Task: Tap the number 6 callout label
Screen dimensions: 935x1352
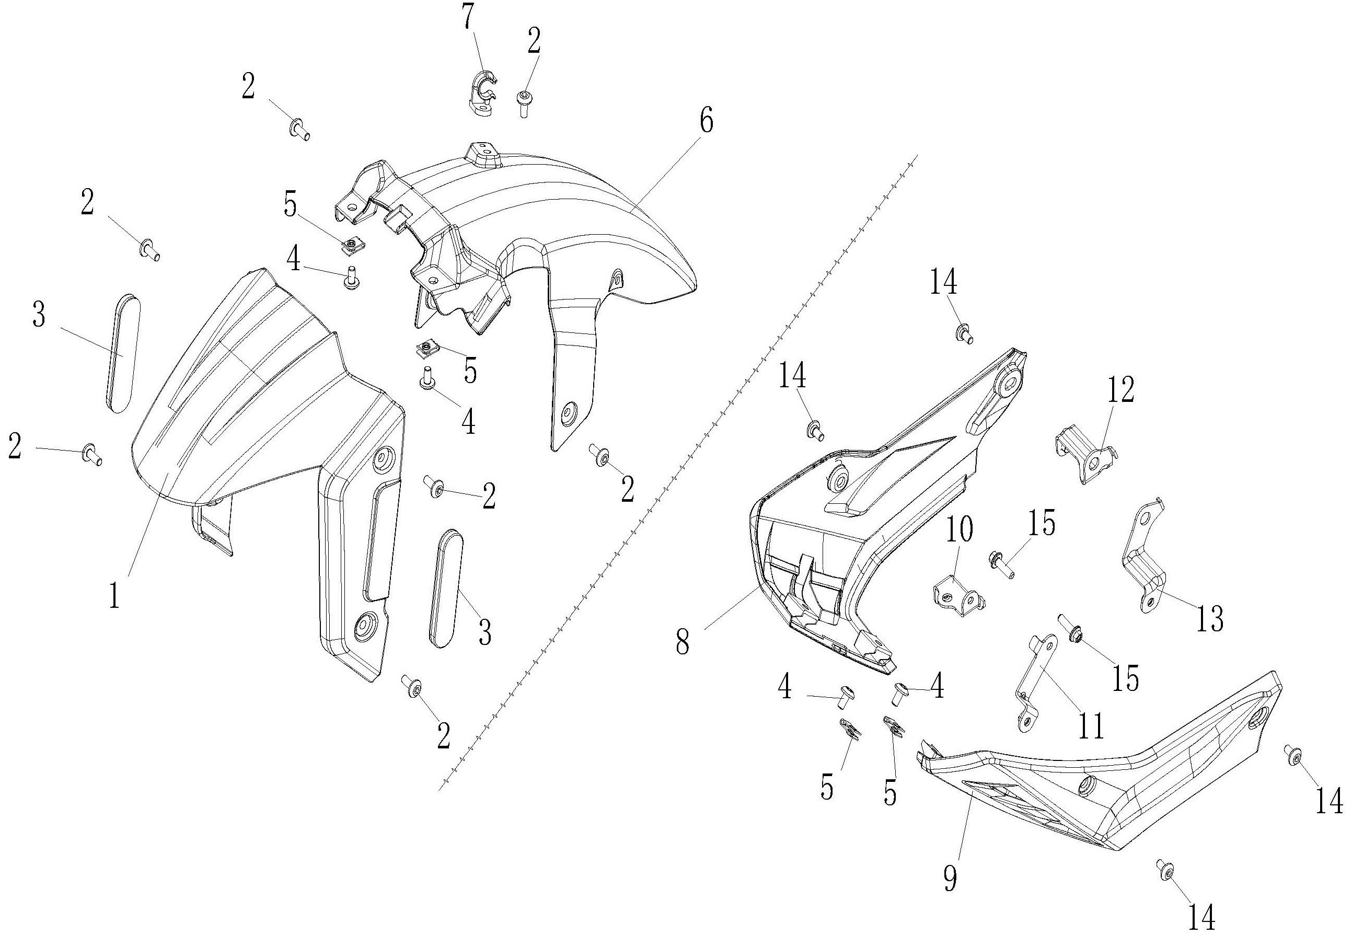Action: (x=707, y=122)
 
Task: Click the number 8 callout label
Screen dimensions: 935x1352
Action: (x=683, y=642)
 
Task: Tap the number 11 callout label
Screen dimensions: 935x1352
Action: (x=1090, y=725)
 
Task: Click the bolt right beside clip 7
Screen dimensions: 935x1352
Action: (x=523, y=103)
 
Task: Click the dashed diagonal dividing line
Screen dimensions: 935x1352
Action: (x=674, y=469)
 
